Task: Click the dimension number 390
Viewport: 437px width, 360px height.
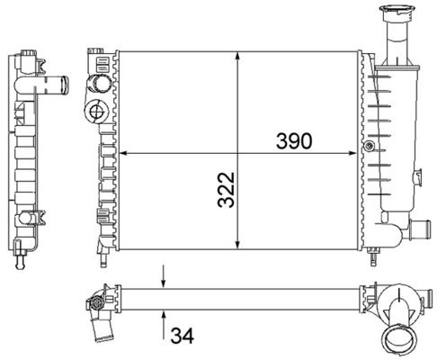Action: pyautogui.click(x=294, y=140)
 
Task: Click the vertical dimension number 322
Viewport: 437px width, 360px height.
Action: pyautogui.click(x=226, y=190)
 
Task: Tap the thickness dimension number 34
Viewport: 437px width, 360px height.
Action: pyautogui.click(x=183, y=335)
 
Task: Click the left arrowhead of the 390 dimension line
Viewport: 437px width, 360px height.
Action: pyautogui.click(x=124, y=153)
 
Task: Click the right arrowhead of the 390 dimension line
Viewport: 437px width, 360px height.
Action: pyautogui.click(x=352, y=153)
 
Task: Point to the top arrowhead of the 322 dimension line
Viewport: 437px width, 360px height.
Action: pyautogui.click(x=237, y=57)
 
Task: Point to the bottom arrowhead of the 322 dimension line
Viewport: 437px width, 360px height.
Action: pyautogui.click(x=237, y=244)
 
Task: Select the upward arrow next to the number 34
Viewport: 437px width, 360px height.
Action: pyautogui.click(x=164, y=326)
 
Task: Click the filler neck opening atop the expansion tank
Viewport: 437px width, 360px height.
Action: pyautogui.click(x=393, y=10)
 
